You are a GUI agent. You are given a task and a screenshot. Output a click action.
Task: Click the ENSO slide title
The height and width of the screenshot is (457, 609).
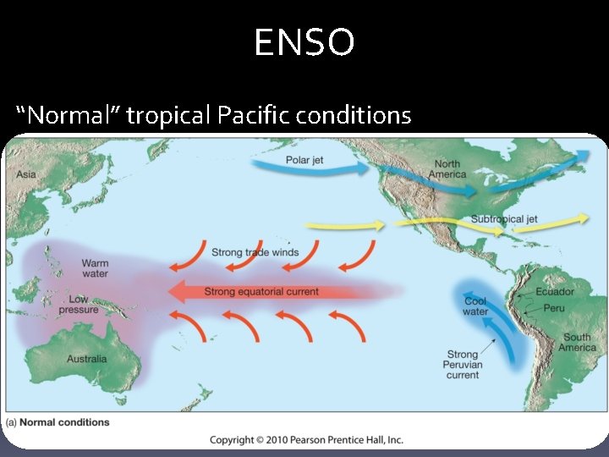[304, 42]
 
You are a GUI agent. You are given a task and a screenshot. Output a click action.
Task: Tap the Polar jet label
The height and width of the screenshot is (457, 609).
[304, 161]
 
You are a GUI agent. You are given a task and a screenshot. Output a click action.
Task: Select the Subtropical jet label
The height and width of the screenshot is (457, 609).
[504, 219]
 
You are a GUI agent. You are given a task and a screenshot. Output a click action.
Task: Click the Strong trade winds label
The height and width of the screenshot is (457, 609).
[255, 252]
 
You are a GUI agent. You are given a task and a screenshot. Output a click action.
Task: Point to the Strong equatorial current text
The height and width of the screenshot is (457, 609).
[261, 292]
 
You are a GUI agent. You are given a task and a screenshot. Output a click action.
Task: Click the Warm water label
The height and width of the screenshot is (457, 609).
[95, 268]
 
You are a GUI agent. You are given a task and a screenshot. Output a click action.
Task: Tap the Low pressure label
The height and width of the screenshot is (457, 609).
[79, 305]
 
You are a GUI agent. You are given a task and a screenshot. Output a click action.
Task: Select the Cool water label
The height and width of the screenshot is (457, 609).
[475, 306]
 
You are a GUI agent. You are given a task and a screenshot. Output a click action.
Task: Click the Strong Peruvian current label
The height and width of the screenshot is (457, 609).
[463, 365]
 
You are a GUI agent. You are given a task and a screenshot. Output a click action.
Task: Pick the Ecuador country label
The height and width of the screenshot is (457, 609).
[554, 292]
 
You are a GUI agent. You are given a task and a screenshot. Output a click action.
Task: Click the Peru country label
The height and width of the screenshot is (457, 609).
[554, 309]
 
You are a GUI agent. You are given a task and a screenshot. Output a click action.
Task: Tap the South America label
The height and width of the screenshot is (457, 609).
[578, 343]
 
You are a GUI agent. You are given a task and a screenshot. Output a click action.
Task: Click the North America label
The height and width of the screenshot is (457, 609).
[447, 168]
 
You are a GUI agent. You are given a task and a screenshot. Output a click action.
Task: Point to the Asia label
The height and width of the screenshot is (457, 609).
[25, 174]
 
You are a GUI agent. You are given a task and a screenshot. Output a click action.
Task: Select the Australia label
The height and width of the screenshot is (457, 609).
[87, 359]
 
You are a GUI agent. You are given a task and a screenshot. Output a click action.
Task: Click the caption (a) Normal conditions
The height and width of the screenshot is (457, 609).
[58, 422]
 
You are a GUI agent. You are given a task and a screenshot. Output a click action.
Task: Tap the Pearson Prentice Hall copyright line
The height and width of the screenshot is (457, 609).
[306, 439]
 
